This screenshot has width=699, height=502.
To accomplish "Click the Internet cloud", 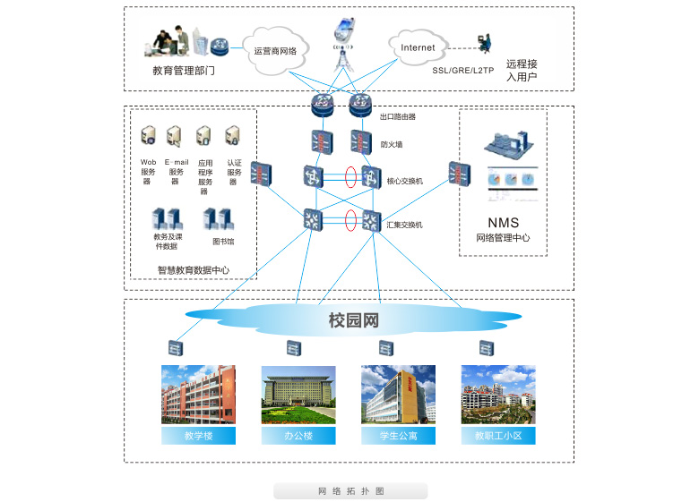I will point(418,47).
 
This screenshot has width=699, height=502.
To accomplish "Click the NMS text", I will point(502,223).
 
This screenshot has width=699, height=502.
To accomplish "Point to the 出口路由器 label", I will point(398,116).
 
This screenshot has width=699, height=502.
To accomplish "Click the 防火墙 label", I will point(392,144).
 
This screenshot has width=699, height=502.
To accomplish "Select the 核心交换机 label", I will point(404,181).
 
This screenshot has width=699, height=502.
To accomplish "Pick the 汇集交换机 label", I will point(404,225).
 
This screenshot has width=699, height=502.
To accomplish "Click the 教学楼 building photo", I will point(198,395).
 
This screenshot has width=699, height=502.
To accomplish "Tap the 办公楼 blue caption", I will point(298,437).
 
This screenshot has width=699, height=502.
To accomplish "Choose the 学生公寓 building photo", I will point(398,395).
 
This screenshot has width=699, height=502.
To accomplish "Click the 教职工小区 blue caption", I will point(498,437).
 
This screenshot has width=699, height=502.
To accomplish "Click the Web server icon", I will point(149,136).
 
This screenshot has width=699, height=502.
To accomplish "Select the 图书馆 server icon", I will point(218,218).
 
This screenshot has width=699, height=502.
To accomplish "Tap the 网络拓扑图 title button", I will point(350,491).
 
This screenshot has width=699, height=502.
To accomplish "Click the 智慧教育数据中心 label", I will point(193,269).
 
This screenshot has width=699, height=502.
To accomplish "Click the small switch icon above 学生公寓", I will point(386,348).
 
